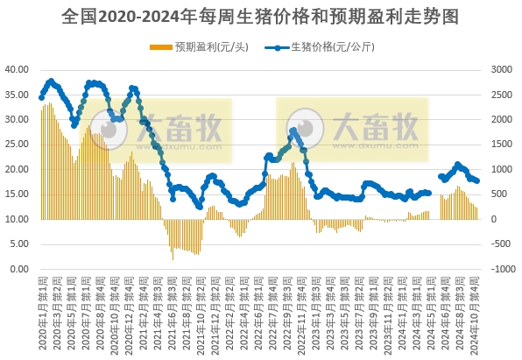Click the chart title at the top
pos(261,17)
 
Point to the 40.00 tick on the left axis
pos(18,69)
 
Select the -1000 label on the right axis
pos(501,269)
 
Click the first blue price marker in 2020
pos(41,97)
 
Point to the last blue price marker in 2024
pos(476,180)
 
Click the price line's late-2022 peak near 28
pos(293,131)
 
